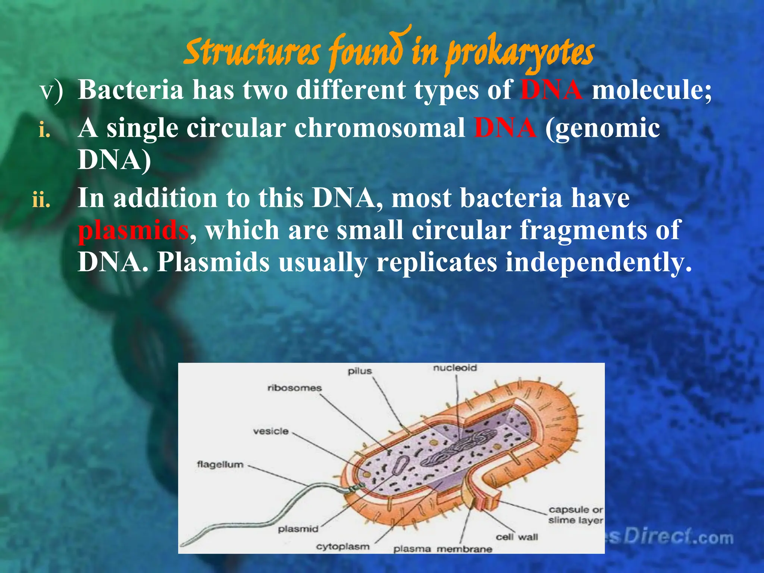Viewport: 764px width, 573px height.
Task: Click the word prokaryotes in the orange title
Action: point(520,55)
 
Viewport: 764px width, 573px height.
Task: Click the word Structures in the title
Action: point(252,52)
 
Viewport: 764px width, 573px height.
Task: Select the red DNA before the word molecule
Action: point(551,90)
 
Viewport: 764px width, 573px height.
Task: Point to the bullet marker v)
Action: point(52,91)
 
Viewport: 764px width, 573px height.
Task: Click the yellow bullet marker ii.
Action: point(41,200)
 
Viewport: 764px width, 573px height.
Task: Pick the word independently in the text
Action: point(598,262)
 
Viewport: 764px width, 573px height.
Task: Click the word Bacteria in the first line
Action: point(131,90)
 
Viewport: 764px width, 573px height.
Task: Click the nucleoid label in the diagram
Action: point(455,368)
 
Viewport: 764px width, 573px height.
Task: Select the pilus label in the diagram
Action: point(360,371)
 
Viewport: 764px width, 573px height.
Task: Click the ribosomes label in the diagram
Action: point(294,388)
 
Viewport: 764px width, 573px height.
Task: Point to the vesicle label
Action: point(271,431)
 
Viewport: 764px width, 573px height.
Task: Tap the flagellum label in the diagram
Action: point(220,465)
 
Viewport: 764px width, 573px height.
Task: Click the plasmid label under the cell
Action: point(298,529)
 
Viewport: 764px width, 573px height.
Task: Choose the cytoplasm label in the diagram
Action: point(343,547)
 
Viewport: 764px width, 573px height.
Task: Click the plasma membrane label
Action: point(443,549)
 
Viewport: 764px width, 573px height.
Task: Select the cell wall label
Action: point(517,537)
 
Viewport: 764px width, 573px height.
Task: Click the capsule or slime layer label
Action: point(575,515)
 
